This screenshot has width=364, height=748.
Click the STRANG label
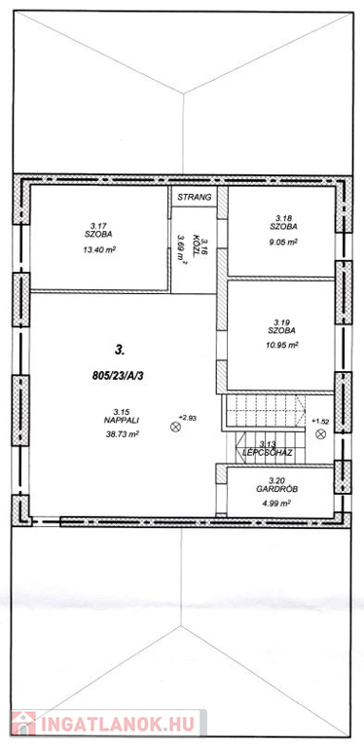(195, 197)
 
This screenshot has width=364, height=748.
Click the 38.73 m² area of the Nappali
(122, 434)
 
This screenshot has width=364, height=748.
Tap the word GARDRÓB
(276, 489)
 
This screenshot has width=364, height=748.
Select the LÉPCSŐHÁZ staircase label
(268, 452)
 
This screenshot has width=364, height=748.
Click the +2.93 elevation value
(187, 418)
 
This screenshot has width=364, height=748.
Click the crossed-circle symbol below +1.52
(320, 433)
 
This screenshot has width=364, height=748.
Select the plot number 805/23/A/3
(118, 376)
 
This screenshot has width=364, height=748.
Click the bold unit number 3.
(119, 351)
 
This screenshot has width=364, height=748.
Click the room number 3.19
(282, 322)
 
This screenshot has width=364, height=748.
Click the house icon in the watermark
(23, 724)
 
